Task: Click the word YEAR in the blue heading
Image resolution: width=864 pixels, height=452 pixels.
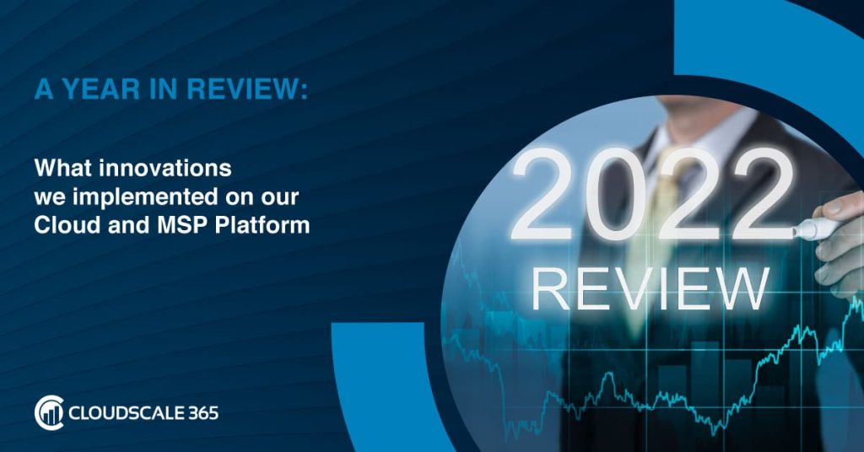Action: [100, 89]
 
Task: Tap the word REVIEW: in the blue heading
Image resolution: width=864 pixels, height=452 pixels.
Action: [247, 89]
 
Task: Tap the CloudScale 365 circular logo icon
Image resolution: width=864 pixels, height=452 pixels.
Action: [49, 412]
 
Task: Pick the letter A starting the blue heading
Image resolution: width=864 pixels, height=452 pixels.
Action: [44, 89]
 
